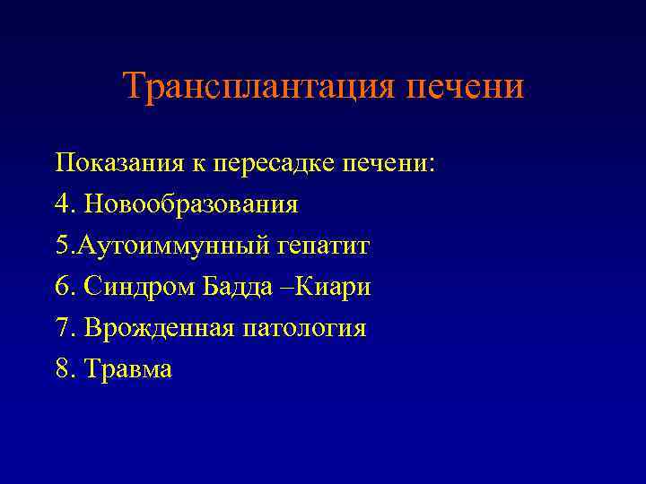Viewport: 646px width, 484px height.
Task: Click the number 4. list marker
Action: click(65, 204)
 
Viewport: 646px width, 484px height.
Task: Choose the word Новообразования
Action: click(191, 205)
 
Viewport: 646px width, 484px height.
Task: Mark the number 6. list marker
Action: click(65, 287)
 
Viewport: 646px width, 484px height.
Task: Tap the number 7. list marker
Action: click(65, 328)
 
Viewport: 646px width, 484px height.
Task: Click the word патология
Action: click(304, 329)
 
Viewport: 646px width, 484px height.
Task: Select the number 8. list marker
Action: click(65, 369)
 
